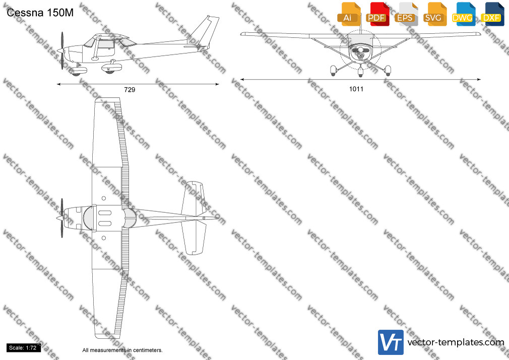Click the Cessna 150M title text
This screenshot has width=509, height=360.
click(x=40, y=13)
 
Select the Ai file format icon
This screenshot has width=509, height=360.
click(x=349, y=14)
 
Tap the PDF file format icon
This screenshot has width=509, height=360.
click(x=377, y=14)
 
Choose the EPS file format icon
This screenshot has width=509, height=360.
click(x=406, y=14)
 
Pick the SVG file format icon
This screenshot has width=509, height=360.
click(x=434, y=14)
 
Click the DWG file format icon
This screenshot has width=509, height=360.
click(x=463, y=14)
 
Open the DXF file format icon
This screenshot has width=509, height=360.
click(x=492, y=14)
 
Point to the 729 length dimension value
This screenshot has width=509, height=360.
click(x=130, y=90)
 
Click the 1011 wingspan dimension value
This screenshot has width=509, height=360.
click(x=356, y=89)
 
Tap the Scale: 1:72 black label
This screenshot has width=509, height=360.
click(x=23, y=348)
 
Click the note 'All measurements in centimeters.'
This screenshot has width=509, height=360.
click(x=122, y=350)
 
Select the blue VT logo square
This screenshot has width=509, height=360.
click(x=391, y=342)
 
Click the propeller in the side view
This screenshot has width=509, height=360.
click(x=62, y=51)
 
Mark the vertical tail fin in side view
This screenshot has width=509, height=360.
click(x=205, y=32)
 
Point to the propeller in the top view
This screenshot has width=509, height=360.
click(x=61, y=218)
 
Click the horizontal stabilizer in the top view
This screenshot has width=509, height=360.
click(x=194, y=218)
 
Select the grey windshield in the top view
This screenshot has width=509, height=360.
click(x=88, y=218)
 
